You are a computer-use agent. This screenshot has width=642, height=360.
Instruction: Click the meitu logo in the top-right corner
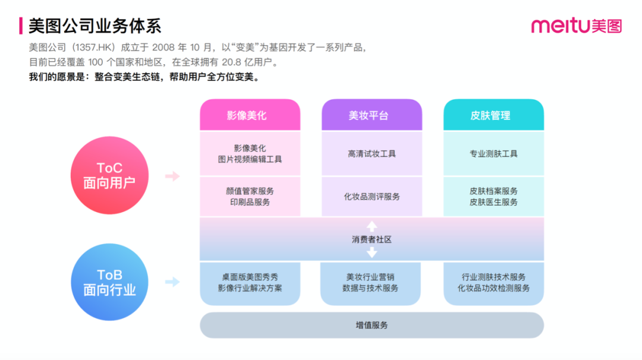pyautogui.click(x=576, y=26)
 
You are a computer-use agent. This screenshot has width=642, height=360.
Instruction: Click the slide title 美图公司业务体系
pyautogui.click(x=95, y=26)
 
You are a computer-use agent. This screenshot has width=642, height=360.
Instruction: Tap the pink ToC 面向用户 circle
pyautogui.click(x=109, y=176)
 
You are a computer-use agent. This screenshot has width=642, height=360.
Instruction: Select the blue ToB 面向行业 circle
pyautogui.click(x=109, y=282)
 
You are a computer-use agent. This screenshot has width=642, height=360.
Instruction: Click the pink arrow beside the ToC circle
pyautogui.click(x=172, y=176)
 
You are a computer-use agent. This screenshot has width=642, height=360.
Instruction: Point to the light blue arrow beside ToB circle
pyautogui.click(x=172, y=282)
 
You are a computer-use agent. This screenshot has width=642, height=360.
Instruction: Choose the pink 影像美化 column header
pyautogui.click(x=250, y=115)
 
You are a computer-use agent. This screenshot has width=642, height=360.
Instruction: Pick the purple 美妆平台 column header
pyautogui.click(x=372, y=115)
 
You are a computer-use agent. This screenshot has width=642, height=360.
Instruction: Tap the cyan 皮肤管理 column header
pyautogui.click(x=493, y=115)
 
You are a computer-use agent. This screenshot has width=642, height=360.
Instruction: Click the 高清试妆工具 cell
pyautogui.click(x=372, y=154)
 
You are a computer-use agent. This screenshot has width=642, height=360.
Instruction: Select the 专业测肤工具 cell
pyautogui.click(x=493, y=154)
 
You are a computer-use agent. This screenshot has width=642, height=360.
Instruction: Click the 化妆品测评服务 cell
pyautogui.click(x=372, y=197)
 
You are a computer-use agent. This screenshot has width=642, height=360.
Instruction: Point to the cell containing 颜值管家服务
pyautogui.click(x=250, y=197)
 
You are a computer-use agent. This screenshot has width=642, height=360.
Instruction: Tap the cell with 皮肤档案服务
pyautogui.click(x=493, y=197)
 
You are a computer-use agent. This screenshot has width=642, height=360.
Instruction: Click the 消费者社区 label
pyautogui.click(x=372, y=239)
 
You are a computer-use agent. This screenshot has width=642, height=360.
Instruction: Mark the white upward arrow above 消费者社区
pyautogui.click(x=372, y=226)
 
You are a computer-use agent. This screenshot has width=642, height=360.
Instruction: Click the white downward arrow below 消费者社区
pyautogui.click(x=372, y=253)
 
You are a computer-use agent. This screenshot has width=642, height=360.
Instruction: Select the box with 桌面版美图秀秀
pyautogui.click(x=250, y=283)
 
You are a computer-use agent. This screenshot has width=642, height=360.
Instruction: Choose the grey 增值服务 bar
pyautogui.click(x=372, y=326)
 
